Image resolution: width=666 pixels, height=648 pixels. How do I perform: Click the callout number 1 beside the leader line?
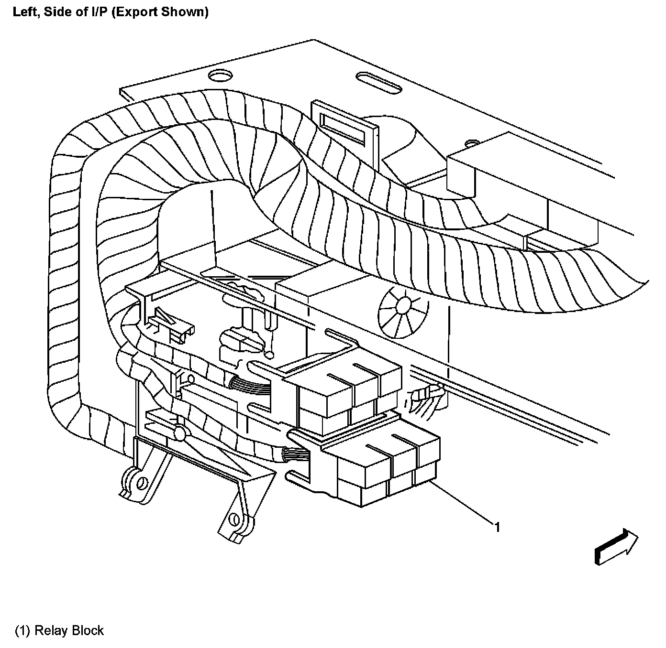498,527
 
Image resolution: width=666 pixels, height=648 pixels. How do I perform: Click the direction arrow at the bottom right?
616,547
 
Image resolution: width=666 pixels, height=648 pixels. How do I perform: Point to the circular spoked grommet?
401,313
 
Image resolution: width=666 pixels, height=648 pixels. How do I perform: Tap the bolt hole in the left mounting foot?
141,484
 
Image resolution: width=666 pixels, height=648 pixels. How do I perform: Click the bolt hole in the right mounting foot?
233,519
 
